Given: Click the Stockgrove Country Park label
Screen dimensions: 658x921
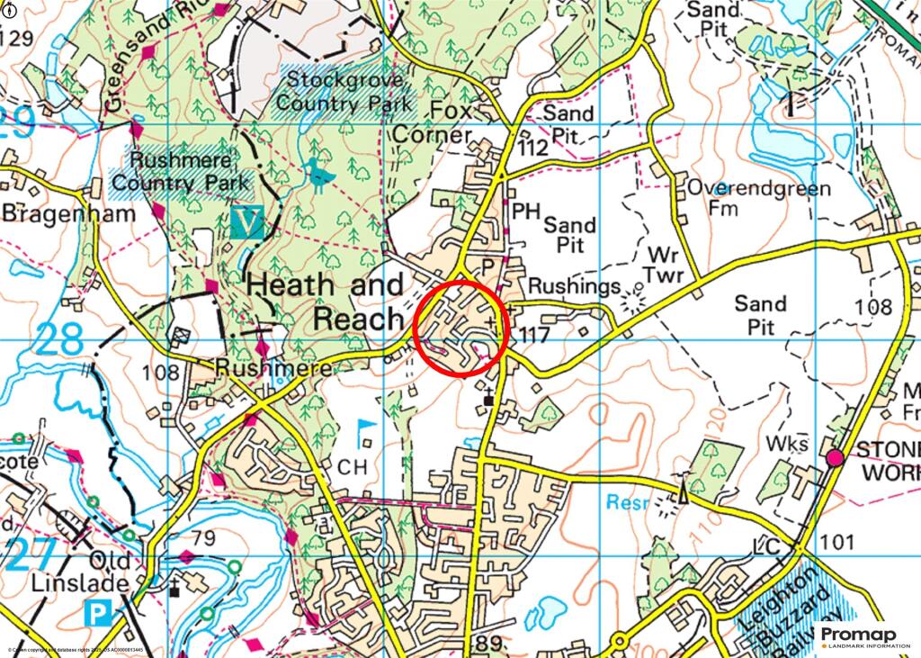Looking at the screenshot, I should click(344, 91).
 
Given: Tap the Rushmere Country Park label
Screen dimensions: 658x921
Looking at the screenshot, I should click(180, 172).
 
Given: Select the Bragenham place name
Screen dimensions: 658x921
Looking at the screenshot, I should click(68, 213).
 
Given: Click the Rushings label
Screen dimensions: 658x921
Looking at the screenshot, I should click(574, 286).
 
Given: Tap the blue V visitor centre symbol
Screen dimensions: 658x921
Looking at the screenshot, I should click(246, 221).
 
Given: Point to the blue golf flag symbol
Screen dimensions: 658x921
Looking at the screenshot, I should click(366, 429).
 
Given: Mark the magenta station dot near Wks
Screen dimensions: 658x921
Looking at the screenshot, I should click(835, 458).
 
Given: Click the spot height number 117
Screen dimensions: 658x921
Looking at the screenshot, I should click(533, 333).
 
